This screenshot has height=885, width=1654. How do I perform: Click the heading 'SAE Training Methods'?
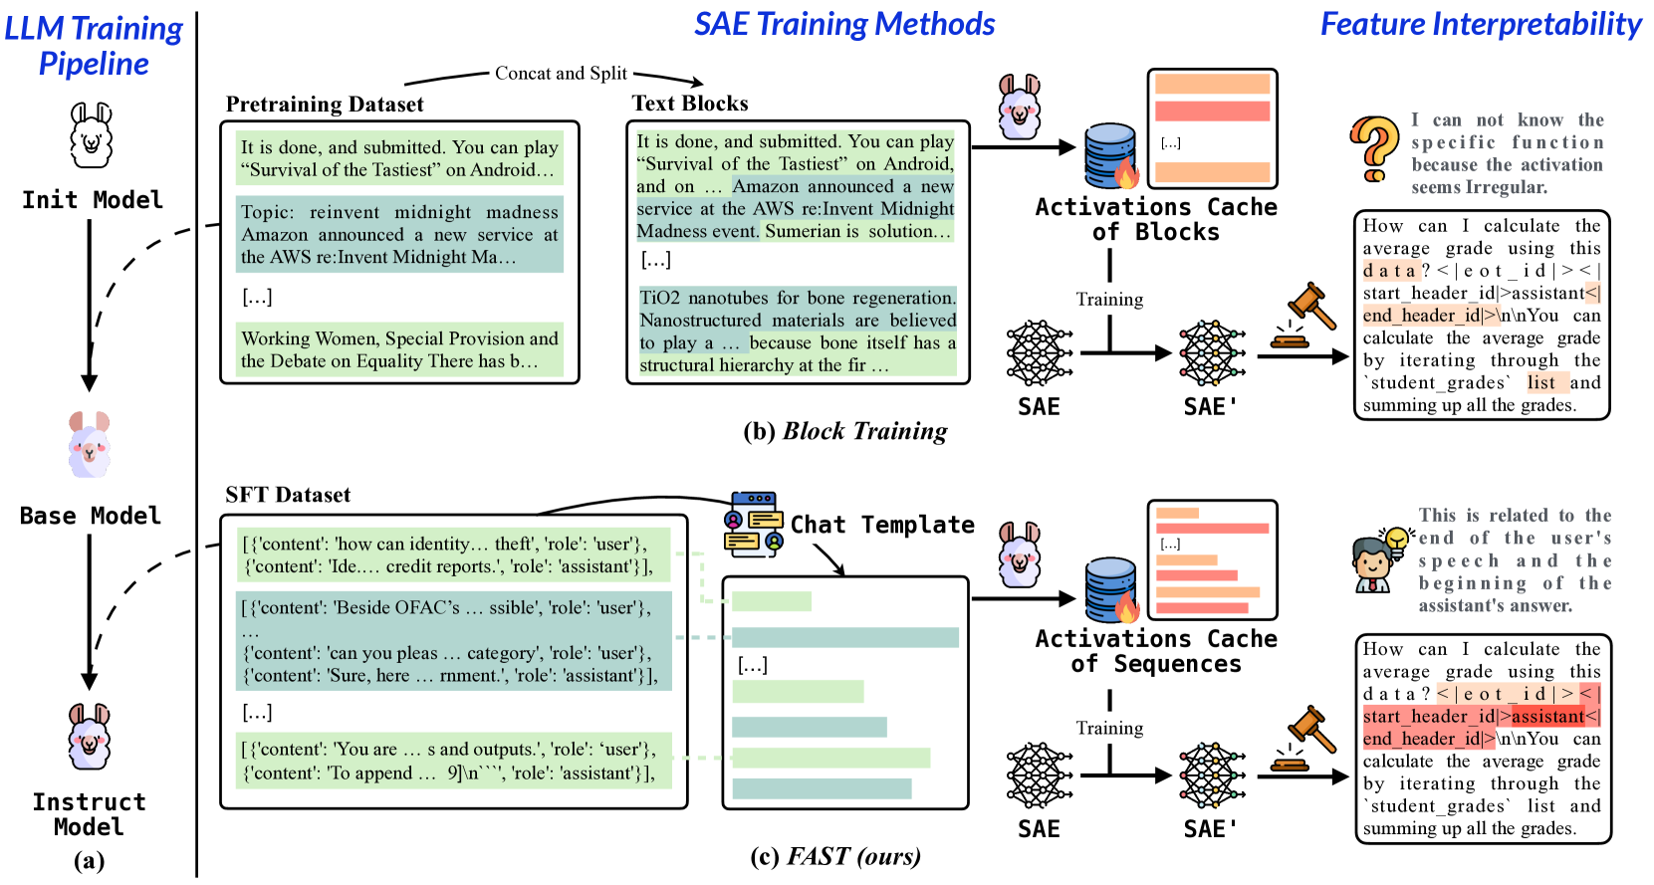[x=844, y=24]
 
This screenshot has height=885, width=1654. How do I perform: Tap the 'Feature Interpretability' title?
[x=1481, y=24]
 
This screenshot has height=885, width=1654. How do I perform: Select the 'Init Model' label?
[x=93, y=200]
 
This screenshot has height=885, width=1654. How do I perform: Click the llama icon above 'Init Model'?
[x=91, y=135]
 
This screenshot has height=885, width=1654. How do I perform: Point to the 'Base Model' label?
[x=91, y=516]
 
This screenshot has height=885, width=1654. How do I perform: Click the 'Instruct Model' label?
[x=89, y=814]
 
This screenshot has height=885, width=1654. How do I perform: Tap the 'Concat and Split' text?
[x=561, y=74]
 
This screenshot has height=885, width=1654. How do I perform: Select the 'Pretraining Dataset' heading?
[x=325, y=105]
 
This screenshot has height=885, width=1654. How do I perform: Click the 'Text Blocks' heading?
[x=690, y=104]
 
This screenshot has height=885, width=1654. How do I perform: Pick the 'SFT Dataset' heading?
[x=288, y=495]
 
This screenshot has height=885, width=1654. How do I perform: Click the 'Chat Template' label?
[x=882, y=525]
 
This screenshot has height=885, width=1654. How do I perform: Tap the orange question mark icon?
[x=1374, y=148]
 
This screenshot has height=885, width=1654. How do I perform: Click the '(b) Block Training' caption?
[x=845, y=431]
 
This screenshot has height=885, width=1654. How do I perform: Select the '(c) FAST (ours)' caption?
[x=835, y=856]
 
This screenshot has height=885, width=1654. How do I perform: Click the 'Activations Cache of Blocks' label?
[x=1155, y=219]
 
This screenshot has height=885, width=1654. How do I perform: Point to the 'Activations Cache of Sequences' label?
[x=1155, y=651]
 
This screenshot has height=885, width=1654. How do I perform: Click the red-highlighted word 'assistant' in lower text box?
[x=1547, y=717]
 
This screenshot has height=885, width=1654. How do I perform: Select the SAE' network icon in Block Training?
[x=1212, y=352]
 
